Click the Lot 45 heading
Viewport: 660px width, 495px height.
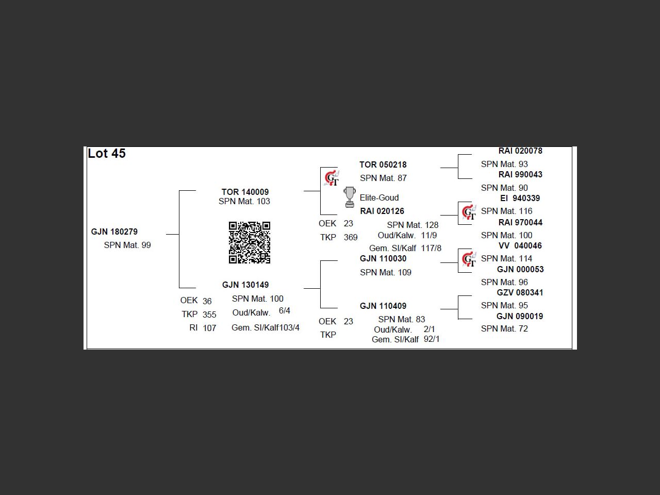pos(107,153)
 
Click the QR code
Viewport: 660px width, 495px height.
pos(250,242)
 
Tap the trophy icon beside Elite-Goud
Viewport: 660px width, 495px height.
pos(350,197)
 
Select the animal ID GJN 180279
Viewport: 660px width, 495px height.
pos(114,232)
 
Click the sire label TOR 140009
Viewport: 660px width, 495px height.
pos(245,192)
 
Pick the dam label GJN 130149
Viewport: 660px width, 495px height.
pos(245,285)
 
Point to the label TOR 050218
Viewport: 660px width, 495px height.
pos(383,164)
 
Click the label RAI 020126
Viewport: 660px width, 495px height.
pos(382,211)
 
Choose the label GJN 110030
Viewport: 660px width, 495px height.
pos(383,258)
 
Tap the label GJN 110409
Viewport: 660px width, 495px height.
pos(383,306)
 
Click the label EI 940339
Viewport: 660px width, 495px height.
pos(520,198)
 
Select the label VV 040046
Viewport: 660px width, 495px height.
pos(520,245)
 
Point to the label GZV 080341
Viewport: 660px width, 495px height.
pos(520,292)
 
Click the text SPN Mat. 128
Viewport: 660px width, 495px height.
pos(412,225)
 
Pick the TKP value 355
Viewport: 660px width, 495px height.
pos(209,315)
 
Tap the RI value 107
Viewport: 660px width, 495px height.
pos(209,328)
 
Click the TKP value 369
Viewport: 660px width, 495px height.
pos(351,238)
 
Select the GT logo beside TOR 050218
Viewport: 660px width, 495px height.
pos(332,178)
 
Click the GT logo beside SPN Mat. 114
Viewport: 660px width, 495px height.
pos(469,259)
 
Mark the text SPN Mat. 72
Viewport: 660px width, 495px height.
pos(504,328)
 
